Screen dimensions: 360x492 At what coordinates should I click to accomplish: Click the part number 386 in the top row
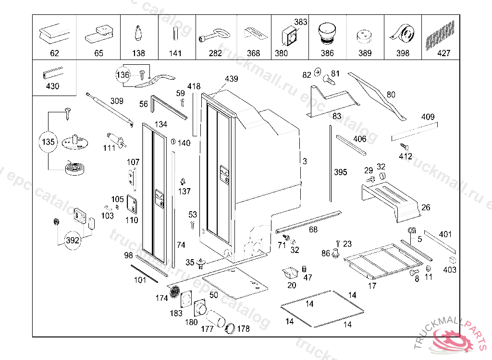pos(327,53)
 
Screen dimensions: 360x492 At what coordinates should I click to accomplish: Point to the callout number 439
pos(231,79)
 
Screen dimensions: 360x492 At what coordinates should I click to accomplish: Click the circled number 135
pos(48,142)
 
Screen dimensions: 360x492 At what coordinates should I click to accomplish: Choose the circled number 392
pos(72,240)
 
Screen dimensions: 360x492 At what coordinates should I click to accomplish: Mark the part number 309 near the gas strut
pos(117,101)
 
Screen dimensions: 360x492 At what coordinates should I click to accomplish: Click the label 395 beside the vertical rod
pos(340,172)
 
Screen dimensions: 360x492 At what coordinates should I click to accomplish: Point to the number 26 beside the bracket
pos(426,207)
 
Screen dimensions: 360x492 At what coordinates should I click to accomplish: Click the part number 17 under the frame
pos(372,286)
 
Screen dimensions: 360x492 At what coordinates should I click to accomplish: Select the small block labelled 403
pos(452,260)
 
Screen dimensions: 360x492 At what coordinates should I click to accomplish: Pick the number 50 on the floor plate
pos(214,294)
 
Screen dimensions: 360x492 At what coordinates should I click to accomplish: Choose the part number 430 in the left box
pos(52,86)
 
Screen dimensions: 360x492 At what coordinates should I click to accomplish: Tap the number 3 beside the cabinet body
pos(305,162)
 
